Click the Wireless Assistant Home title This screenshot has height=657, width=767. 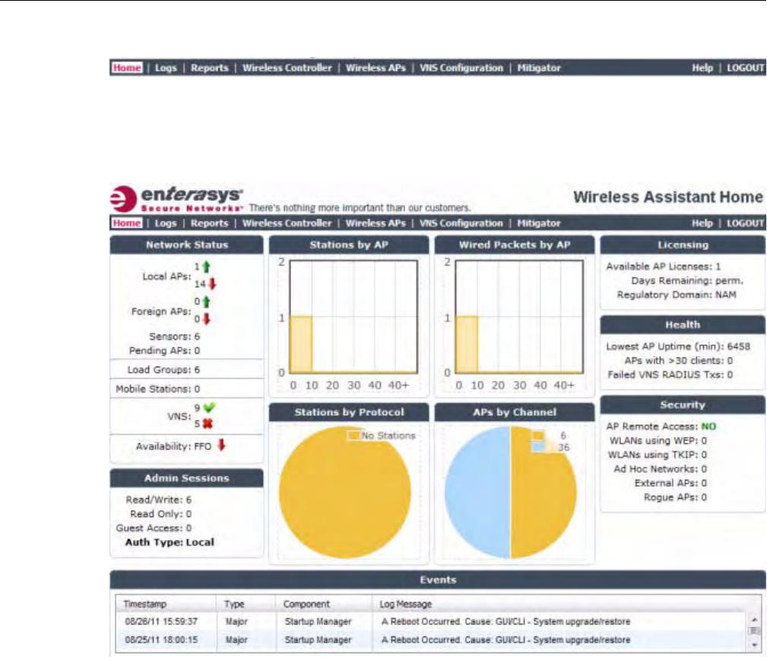667,197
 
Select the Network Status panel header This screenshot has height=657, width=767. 186,245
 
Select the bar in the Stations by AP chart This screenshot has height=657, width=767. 301,344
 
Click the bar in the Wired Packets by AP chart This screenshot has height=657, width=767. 466,344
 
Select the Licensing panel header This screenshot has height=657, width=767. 683,245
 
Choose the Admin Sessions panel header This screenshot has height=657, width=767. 186,478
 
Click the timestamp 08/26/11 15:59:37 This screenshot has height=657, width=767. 151,622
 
